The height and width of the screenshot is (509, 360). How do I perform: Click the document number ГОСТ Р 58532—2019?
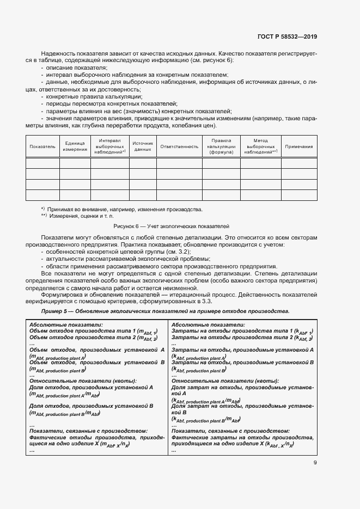click(x=287, y=37)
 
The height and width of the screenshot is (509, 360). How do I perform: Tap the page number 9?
click(x=315, y=463)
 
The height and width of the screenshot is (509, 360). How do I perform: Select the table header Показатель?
click(x=42, y=146)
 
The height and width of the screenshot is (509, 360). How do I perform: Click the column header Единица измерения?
click(x=75, y=146)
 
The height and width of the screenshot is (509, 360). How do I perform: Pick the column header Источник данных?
click(x=143, y=146)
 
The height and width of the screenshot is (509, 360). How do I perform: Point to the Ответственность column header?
click(x=179, y=146)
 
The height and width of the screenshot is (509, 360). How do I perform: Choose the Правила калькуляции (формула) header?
click(x=221, y=146)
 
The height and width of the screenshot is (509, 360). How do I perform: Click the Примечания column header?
click(x=299, y=146)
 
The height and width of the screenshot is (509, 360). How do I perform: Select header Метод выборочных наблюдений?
click(x=260, y=146)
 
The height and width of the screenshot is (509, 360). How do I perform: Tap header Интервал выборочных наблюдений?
click(x=110, y=146)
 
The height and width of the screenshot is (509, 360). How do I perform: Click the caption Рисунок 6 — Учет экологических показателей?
click(x=172, y=225)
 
